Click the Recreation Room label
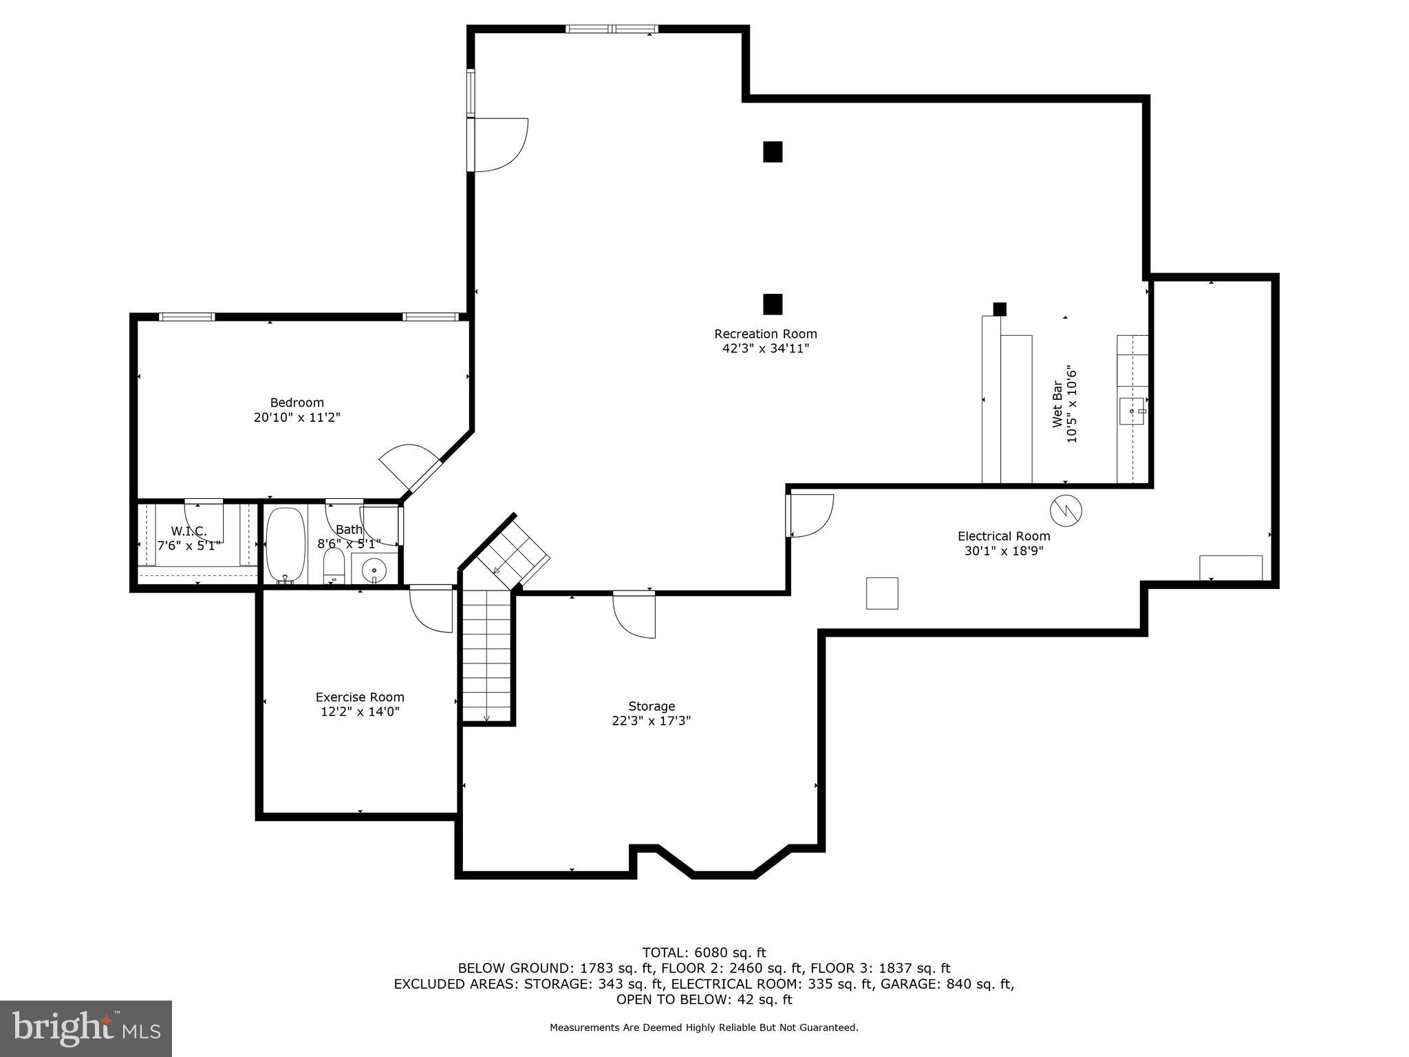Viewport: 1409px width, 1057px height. [765, 334]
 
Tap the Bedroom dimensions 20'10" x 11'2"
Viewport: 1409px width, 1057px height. [297, 417]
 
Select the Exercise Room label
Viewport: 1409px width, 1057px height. [360, 697]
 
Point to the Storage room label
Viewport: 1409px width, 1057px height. [652, 706]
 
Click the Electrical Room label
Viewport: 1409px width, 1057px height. [1004, 536]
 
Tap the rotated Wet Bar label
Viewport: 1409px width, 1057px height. [1057, 404]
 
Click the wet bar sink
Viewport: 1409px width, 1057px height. [1132, 411]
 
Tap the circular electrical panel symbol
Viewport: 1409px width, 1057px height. [1066, 510]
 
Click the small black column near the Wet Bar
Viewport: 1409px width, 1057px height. [1000, 309]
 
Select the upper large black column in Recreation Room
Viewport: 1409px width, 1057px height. [773, 151]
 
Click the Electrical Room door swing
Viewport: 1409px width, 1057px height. [812, 516]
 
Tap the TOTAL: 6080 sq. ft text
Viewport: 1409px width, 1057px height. [704, 952]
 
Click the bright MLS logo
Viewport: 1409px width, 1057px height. [85, 1028]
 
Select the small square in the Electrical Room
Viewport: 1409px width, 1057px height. [881, 593]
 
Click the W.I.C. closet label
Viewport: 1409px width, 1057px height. [189, 531]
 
